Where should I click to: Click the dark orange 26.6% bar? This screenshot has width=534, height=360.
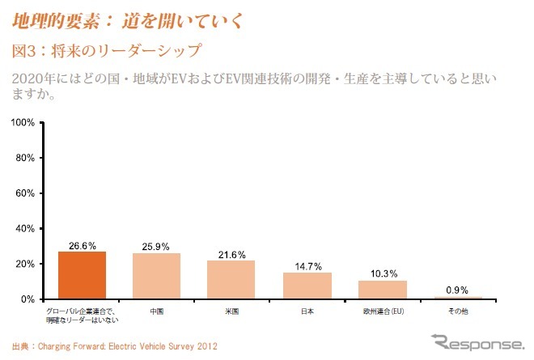82,275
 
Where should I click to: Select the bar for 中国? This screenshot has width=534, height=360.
157,276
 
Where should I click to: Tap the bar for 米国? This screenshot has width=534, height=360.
232,279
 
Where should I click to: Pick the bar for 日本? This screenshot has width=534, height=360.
307,286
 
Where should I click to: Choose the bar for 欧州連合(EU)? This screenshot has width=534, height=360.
383,290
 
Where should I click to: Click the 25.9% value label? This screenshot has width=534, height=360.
157,245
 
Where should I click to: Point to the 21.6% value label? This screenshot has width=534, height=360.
232,253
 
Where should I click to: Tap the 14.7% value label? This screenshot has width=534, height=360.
307,265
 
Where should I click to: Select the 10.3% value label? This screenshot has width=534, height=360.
383,273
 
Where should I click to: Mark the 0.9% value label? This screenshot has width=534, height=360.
458,290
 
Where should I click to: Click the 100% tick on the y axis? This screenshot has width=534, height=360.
21,122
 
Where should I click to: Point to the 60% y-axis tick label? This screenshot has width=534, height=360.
23,193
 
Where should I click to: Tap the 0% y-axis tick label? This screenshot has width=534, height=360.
26,299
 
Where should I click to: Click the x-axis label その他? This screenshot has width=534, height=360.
458,310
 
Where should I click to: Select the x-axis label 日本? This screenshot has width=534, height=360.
307,310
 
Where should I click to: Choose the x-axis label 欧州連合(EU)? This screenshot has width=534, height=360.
383,310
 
